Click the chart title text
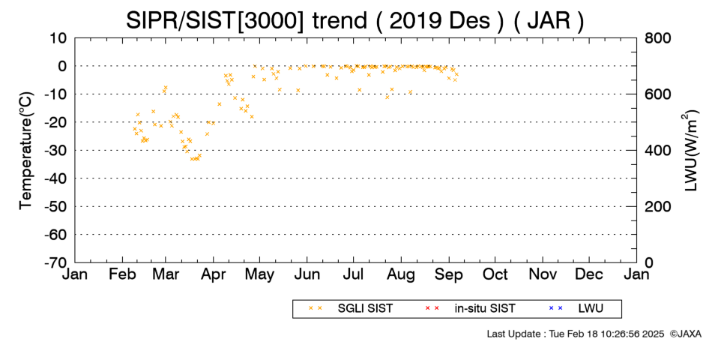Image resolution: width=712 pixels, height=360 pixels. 355,20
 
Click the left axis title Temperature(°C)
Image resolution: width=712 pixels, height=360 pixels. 26,151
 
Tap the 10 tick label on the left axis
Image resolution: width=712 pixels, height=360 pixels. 58,38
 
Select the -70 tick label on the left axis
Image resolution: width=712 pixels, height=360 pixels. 55,262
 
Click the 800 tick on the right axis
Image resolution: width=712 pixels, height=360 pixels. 657,38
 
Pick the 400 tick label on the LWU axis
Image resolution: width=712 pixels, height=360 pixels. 657,151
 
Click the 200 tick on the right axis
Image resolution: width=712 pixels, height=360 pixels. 657,207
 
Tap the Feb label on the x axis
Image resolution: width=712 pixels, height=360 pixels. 122,274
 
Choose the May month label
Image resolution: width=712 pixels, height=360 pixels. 259,274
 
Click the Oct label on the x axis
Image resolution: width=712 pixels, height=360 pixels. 495,274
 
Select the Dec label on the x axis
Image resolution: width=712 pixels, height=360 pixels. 589,274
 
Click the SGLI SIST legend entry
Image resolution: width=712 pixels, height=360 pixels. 365,309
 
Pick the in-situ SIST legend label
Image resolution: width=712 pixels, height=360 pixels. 485,309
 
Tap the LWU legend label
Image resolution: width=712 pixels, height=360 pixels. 591,309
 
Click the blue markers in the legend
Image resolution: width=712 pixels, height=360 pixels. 555,309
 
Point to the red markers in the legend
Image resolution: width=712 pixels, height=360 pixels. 432,309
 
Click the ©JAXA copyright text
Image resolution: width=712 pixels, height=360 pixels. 685,334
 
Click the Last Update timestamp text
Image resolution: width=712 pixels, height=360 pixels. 576,334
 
